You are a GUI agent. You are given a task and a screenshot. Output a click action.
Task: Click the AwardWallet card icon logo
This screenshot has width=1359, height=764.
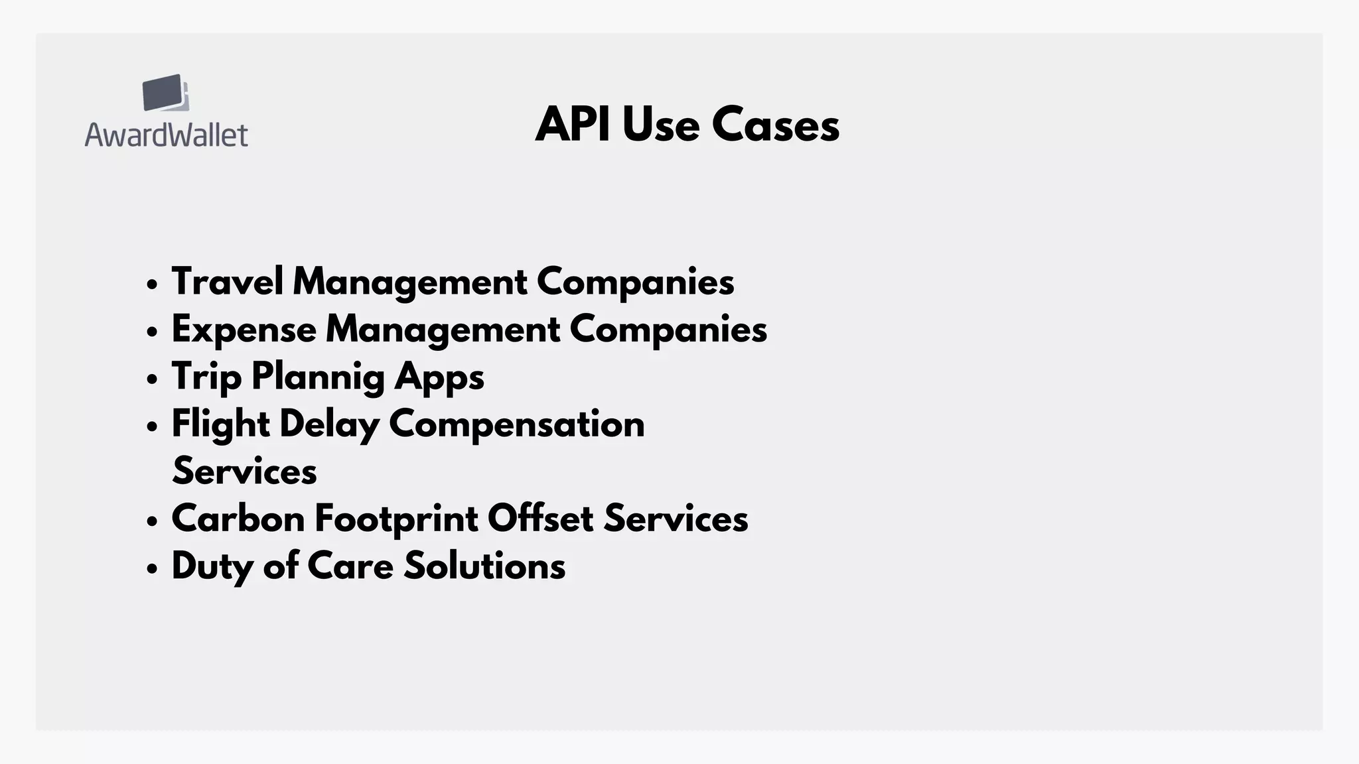click(x=165, y=93)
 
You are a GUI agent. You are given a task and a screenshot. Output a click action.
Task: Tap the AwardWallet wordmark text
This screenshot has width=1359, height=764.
click(x=167, y=135)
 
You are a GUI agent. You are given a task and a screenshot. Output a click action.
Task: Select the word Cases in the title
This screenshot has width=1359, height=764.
click(x=775, y=125)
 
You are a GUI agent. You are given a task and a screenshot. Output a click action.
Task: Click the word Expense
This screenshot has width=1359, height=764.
click(x=244, y=330)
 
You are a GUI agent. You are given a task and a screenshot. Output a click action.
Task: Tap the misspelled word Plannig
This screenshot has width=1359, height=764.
click(x=318, y=377)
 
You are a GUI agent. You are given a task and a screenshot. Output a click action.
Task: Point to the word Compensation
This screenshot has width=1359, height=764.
click(x=516, y=424)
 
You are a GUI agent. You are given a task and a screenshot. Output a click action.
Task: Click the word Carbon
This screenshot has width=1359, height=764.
click(x=238, y=519)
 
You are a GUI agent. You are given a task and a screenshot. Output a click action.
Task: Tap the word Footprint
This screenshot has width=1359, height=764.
click(x=396, y=519)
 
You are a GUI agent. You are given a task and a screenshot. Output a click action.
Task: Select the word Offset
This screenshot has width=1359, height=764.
click(x=540, y=519)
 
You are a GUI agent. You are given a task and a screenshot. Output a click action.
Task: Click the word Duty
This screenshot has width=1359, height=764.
click(x=212, y=567)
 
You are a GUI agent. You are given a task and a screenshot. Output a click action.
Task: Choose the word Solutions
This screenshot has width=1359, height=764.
click(x=484, y=566)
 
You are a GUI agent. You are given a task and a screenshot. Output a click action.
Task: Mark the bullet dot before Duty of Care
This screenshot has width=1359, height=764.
click(x=153, y=568)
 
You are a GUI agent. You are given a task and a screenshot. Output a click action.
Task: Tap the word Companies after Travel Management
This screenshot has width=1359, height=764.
click(x=635, y=281)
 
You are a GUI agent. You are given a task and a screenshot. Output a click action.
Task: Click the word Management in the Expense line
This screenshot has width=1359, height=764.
click(x=443, y=330)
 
